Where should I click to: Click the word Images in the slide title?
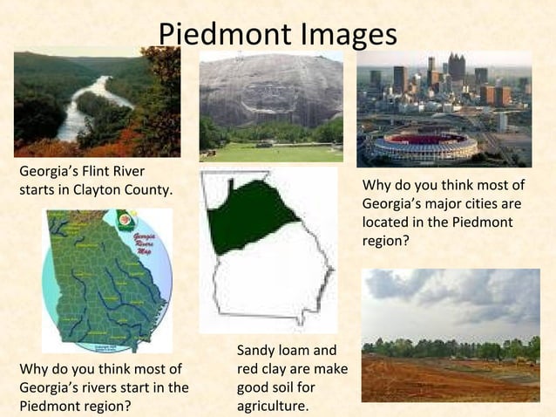coord(348,34)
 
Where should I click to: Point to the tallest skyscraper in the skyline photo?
coord(456,67)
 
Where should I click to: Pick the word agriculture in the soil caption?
coord(272,406)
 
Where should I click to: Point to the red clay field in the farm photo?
coord(436,380)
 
